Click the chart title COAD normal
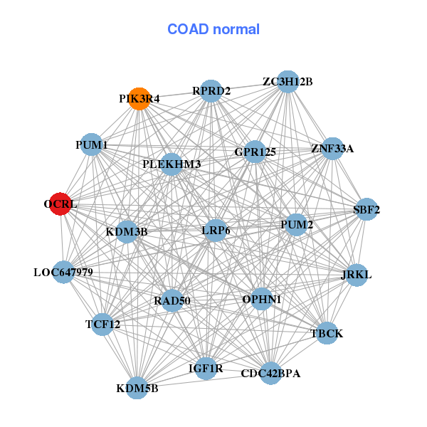(x=213, y=30)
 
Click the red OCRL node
(x=60, y=204)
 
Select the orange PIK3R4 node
(x=140, y=99)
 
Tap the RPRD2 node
(x=211, y=90)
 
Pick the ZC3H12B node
(x=288, y=82)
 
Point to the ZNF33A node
(x=332, y=148)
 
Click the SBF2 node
(x=367, y=209)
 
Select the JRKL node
(x=356, y=275)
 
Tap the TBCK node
(x=327, y=333)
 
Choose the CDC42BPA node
(x=270, y=373)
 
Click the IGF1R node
(x=206, y=368)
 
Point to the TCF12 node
(x=103, y=325)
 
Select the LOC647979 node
(x=63, y=272)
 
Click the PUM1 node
(x=91, y=145)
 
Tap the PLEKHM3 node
(x=172, y=164)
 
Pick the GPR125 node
(x=255, y=152)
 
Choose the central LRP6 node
(x=216, y=230)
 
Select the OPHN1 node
(x=262, y=299)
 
